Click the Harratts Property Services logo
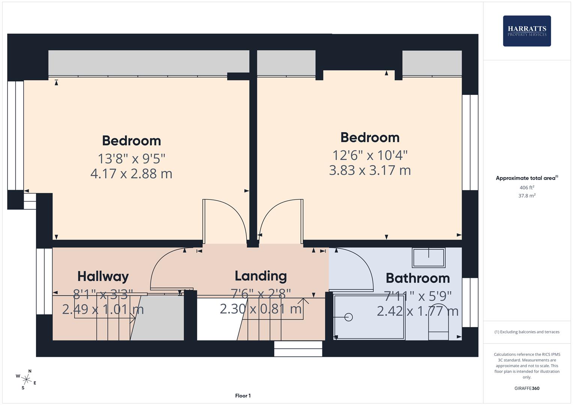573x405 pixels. [526, 31]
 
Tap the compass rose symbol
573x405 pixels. [26, 379]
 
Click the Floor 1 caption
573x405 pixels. [243, 396]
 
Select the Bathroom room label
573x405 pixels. [418, 278]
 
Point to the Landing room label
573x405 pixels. [261, 276]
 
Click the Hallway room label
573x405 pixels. [103, 276]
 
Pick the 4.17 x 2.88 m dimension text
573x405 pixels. [131, 174]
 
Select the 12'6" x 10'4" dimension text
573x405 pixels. [370, 154]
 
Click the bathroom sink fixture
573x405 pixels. [429, 258]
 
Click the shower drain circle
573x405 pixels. [349, 317]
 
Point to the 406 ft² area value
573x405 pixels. [526, 187]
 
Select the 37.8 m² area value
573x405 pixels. [526, 196]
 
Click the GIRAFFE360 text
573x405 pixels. [526, 388]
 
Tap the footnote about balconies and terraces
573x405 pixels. [526, 332]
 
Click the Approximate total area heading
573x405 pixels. [526, 178]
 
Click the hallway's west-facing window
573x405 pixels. [44, 281]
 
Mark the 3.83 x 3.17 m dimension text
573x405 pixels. [370, 170]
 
